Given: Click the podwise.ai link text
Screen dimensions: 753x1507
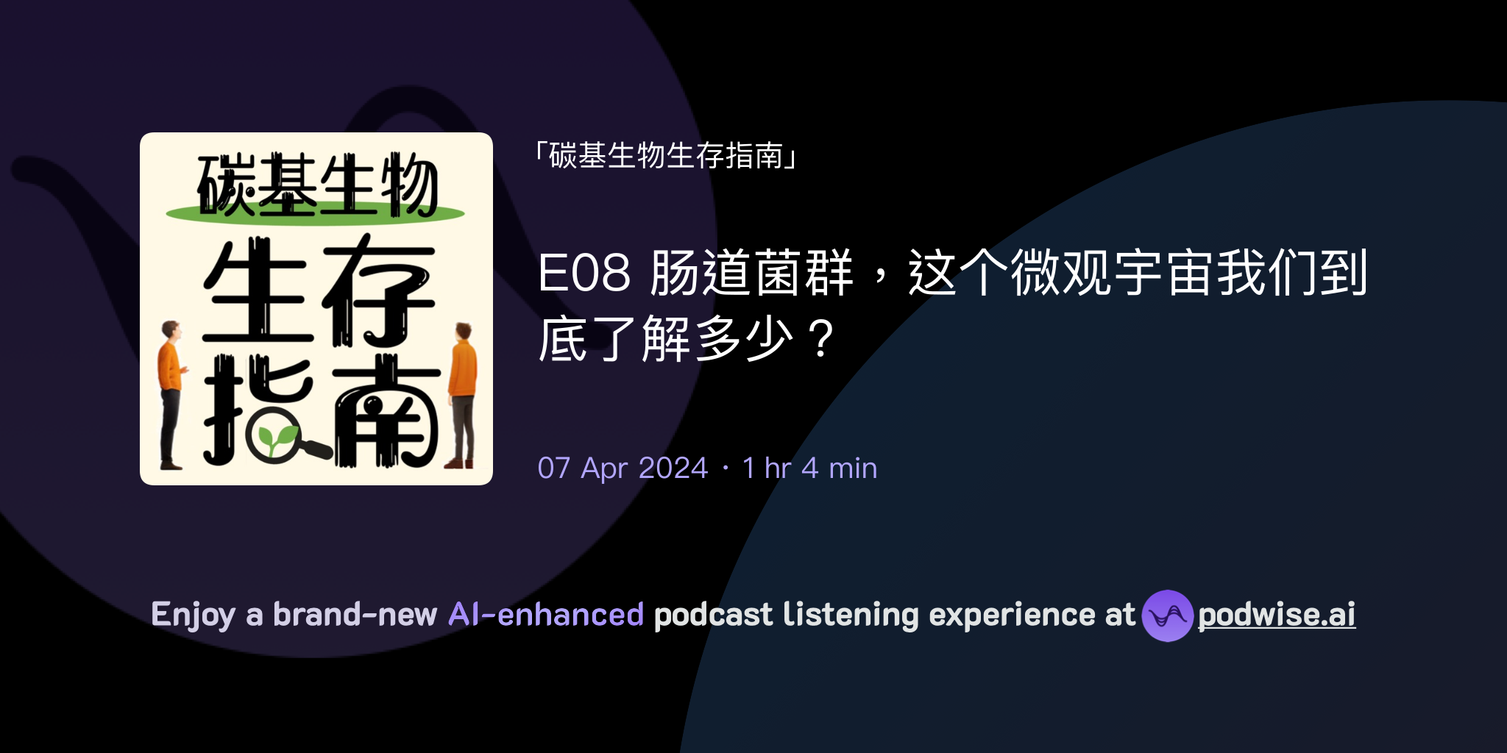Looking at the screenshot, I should point(1276,615).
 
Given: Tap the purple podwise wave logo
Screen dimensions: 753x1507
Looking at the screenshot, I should point(1167,615).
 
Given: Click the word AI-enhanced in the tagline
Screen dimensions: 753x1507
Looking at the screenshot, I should point(546,615).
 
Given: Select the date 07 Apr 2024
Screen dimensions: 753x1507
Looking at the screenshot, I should point(623,468).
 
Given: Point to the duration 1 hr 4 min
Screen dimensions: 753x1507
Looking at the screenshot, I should point(809,468).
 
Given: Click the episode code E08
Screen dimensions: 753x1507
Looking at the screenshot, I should point(584,273).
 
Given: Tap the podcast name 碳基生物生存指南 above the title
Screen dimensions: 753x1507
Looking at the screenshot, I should point(666,156).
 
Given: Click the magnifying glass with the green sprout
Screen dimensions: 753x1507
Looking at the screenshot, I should point(275,436).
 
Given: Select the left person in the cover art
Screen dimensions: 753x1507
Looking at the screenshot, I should point(171,393).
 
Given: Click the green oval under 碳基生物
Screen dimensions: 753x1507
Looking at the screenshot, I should point(315,214).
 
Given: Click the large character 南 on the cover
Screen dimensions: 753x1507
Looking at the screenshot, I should point(386,412).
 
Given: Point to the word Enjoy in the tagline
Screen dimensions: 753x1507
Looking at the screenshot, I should point(193,615).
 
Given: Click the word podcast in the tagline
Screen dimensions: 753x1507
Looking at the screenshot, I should point(713,615).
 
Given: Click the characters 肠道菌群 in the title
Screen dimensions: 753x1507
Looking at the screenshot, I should point(751,273).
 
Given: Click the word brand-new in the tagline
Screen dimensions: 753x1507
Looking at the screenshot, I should point(355,615).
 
